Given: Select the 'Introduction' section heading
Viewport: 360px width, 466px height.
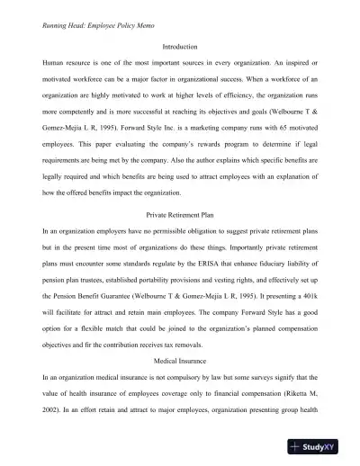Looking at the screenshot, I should click(179, 47).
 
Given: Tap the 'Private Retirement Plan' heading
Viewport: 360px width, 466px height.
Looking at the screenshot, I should click(179, 215).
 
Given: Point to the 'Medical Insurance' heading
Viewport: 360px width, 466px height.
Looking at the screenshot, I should click(179, 360).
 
